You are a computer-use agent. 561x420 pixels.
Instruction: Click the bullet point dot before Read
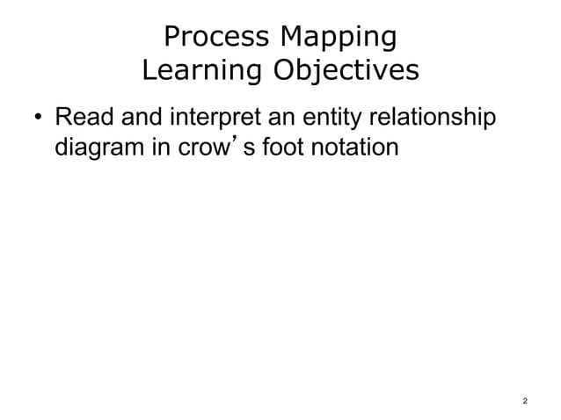click(x=37, y=118)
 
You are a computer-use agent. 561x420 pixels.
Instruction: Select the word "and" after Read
click(x=133, y=116)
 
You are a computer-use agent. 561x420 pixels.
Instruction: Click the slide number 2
click(x=525, y=401)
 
